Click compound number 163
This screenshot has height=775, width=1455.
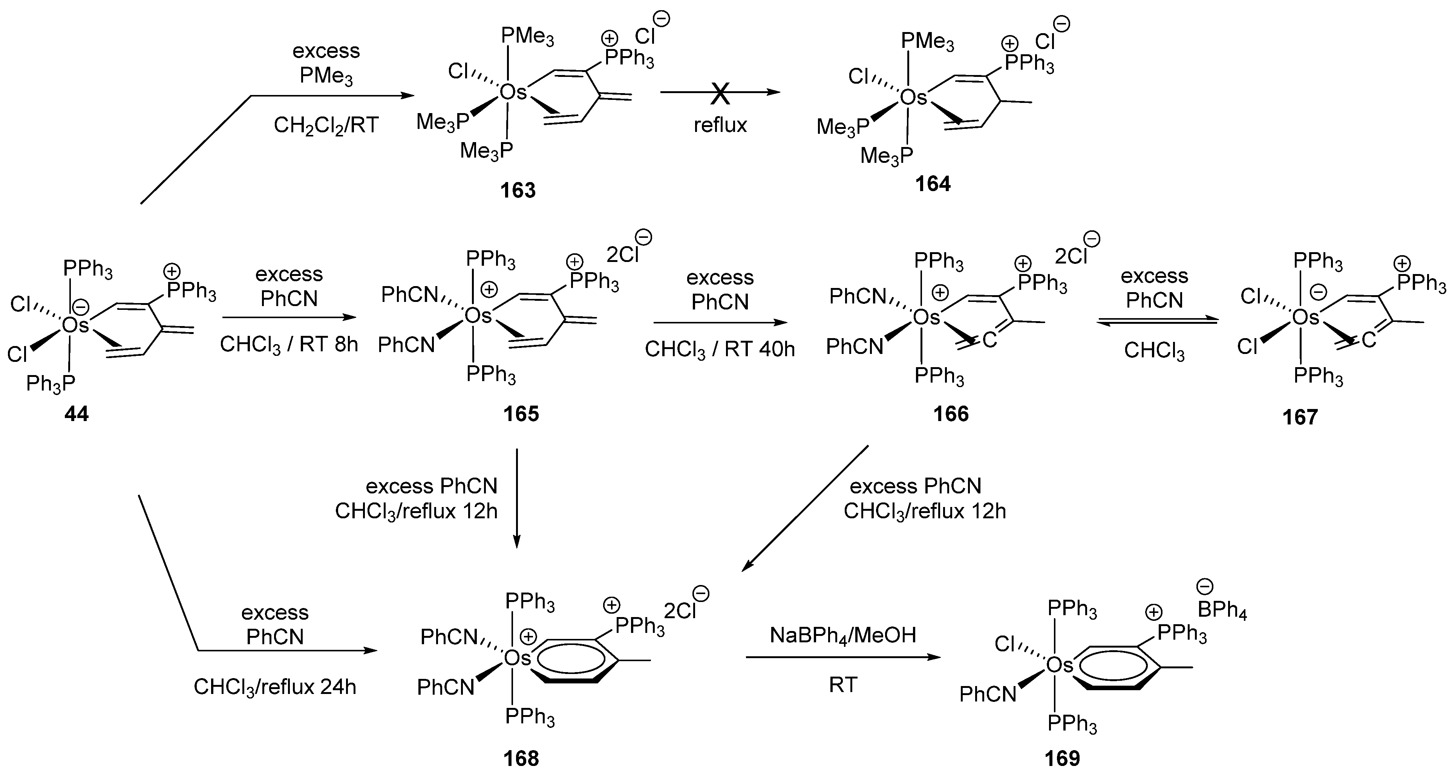518,190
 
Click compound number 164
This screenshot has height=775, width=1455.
933,184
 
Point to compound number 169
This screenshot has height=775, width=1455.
1062,758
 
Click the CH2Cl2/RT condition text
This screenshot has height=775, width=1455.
326,125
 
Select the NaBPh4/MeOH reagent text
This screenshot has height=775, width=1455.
843,636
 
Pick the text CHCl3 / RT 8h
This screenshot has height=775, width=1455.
289,345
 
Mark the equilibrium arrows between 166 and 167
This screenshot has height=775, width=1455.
1157,321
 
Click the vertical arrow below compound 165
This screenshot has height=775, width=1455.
516,497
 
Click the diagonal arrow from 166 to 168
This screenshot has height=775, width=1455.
805,508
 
